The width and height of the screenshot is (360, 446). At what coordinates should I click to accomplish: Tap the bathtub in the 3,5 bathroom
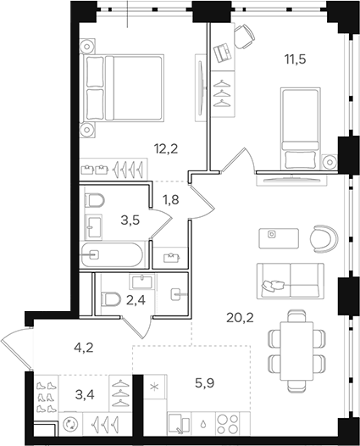pos(114,254)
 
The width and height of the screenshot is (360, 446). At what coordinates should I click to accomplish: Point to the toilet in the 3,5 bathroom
pos(95,201)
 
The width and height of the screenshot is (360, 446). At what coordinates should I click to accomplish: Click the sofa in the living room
pos(287,280)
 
